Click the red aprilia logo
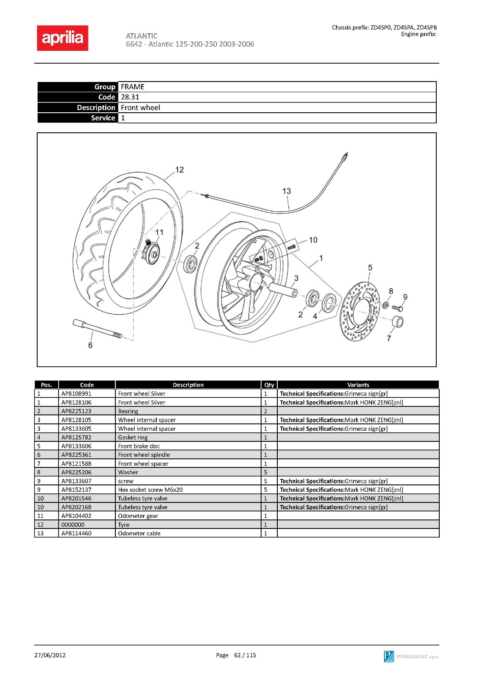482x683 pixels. [x=62, y=38]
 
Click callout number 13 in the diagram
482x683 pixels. [x=286, y=191]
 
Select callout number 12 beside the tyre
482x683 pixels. [x=179, y=169]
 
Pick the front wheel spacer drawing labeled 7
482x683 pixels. [x=398, y=321]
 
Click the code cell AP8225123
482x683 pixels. [x=76, y=411]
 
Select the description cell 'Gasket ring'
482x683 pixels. [x=132, y=437]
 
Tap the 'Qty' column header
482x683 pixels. [x=269, y=385]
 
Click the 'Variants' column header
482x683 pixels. [x=358, y=385]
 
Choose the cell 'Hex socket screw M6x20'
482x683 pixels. [x=150, y=490]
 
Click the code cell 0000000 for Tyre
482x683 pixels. [x=73, y=525]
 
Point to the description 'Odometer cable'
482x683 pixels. [x=139, y=533]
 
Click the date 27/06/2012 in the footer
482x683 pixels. [x=50, y=655]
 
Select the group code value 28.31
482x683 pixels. [x=130, y=97]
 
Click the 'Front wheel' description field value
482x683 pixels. [x=140, y=108]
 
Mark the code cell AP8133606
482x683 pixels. [x=76, y=446]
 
